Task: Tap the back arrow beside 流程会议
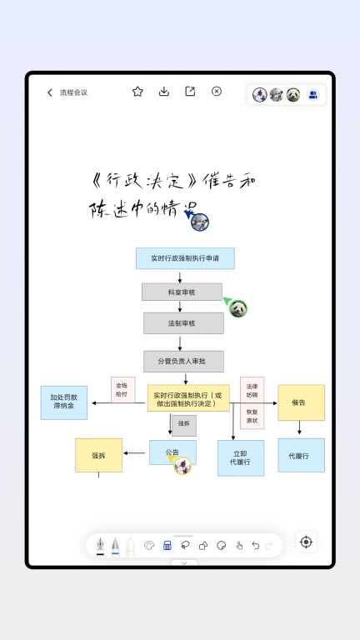[50, 92]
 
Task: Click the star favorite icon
[137, 92]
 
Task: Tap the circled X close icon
[217, 92]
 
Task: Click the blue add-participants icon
[312, 95]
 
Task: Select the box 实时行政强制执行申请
[185, 258]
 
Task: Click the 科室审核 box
[182, 292]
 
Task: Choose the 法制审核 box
[183, 322]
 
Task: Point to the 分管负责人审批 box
[183, 361]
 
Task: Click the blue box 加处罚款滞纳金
[64, 402]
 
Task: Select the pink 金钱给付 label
[122, 390]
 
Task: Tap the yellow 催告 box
[301, 402]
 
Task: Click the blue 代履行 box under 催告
[301, 456]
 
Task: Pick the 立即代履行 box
[241, 457]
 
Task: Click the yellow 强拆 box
[98, 455]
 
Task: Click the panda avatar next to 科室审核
[239, 308]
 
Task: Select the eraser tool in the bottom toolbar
[167, 546]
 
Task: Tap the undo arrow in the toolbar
[256, 546]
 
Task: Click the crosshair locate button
[306, 542]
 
